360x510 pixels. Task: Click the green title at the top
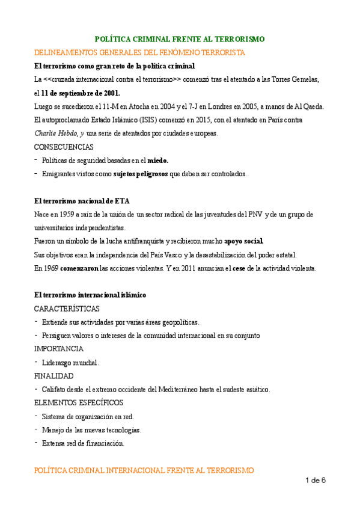[x=180, y=39]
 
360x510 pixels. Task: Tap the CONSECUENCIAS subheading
[x=64, y=147]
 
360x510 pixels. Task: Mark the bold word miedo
[x=158, y=160]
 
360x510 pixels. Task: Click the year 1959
[x=64, y=214]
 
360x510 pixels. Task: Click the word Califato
[x=55, y=389]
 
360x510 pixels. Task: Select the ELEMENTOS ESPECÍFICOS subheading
[x=79, y=402]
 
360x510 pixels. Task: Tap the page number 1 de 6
[x=316, y=480]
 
